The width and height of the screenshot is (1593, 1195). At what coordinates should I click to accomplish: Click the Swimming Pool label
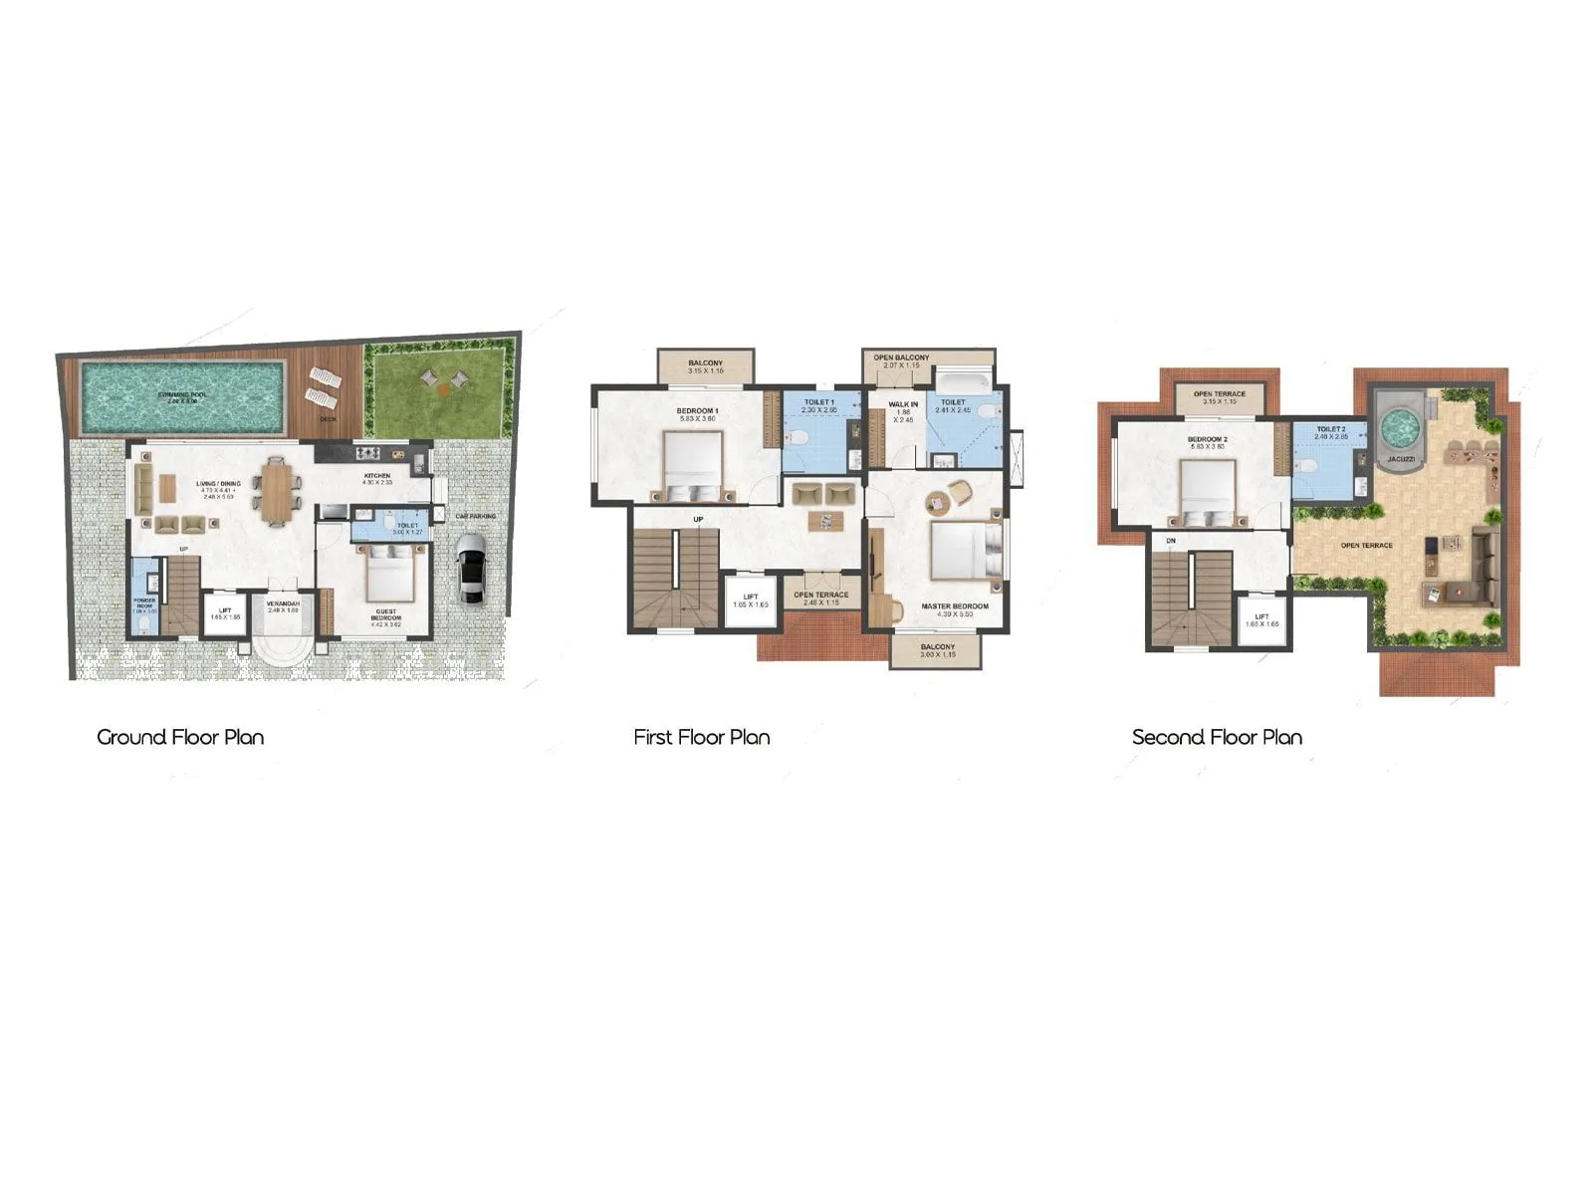[182, 395]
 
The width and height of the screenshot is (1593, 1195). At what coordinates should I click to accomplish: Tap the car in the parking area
[471, 569]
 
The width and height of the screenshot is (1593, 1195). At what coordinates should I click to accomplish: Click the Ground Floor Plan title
[180, 738]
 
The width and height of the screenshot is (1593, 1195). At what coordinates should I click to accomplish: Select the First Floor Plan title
[702, 738]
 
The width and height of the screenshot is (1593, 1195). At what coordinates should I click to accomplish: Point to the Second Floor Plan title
[1217, 738]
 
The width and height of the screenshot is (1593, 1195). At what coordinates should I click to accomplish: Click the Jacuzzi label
[1401, 460]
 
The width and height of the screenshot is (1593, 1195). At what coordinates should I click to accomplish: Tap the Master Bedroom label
[955, 606]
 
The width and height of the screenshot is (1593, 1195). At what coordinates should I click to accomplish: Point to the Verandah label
[283, 604]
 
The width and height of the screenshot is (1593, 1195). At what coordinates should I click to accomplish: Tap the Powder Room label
[144, 603]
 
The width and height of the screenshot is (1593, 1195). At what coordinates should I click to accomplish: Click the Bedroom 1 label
[697, 411]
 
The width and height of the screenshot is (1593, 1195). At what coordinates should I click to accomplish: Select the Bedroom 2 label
[1207, 439]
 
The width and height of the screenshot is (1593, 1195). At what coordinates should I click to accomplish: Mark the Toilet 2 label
[1330, 429]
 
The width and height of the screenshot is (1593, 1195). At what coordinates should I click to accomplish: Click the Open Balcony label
[901, 358]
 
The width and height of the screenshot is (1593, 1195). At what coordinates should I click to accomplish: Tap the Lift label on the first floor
[751, 597]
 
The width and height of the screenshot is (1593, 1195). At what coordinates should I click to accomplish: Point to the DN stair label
[1171, 541]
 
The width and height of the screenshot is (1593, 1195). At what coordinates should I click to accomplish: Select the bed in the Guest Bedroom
[385, 576]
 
